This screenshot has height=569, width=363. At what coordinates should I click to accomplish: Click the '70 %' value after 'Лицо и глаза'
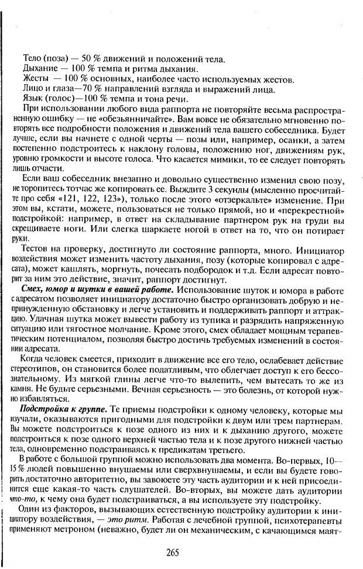tap(82, 88)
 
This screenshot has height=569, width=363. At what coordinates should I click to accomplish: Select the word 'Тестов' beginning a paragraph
tap(34, 250)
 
